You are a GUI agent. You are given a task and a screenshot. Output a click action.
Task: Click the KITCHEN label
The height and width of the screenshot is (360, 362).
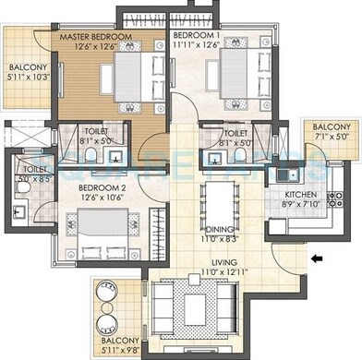coord(301,196)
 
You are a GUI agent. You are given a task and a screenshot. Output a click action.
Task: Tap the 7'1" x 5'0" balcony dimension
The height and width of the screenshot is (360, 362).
coord(331,137)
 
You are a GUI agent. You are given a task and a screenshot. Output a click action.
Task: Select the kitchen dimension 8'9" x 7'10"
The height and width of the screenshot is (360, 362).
coord(301,206)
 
